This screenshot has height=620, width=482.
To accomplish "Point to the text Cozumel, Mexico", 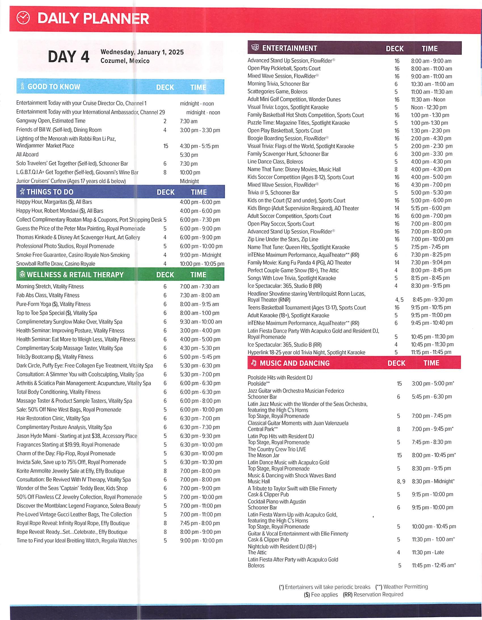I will click(125, 61).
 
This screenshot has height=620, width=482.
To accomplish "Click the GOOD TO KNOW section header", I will click(54, 87).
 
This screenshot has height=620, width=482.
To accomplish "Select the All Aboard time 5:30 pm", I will click(189, 155).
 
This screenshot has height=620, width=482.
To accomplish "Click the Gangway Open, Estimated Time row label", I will click(51, 121).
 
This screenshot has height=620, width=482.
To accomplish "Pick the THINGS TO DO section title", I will click(50, 192).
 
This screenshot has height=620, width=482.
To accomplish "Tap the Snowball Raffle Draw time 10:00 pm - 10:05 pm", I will click(202, 264).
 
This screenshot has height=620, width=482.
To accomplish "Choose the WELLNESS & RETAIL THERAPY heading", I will click(75, 275).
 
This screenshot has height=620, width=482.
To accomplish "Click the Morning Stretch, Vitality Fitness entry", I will click(50, 287).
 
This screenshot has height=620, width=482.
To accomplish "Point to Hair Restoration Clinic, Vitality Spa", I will click(53, 418).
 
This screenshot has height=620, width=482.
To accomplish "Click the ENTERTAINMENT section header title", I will click(289, 48).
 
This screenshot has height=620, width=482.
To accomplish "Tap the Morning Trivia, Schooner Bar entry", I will click(278, 84).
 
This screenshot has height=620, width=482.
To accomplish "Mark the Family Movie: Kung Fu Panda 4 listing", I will click(299, 263).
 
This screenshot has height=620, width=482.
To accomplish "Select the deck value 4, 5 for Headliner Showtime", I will click(399, 300).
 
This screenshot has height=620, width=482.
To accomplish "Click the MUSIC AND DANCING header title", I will click(295, 363).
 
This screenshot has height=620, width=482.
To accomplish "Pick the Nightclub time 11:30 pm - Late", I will click(428, 552).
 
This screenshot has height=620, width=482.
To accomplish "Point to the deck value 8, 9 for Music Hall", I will click(401, 481).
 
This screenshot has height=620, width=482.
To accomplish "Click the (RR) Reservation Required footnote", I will click(373, 594).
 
